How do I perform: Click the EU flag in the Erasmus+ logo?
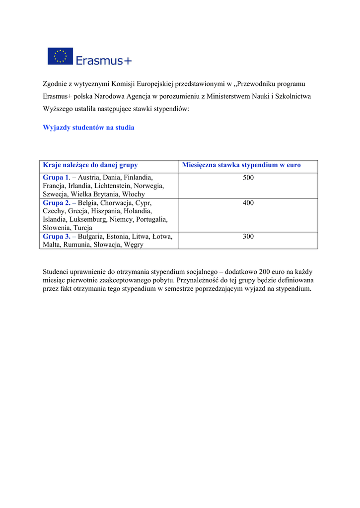pos(60,56)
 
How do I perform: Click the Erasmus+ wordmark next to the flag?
pos(104,61)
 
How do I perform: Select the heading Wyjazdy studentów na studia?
pos(88,127)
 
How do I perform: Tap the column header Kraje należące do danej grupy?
pos(90,165)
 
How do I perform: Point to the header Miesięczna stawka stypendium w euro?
pos(241,165)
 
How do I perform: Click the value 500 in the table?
pos(248,178)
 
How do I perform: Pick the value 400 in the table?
pos(248,203)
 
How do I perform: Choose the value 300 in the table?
pos(248,237)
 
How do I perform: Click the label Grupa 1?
pos(56,178)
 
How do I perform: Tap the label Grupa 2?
pos(56,203)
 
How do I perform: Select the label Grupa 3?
pos(56,237)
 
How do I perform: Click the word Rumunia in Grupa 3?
pos(77,245)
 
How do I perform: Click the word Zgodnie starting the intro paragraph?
pos(55,83)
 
